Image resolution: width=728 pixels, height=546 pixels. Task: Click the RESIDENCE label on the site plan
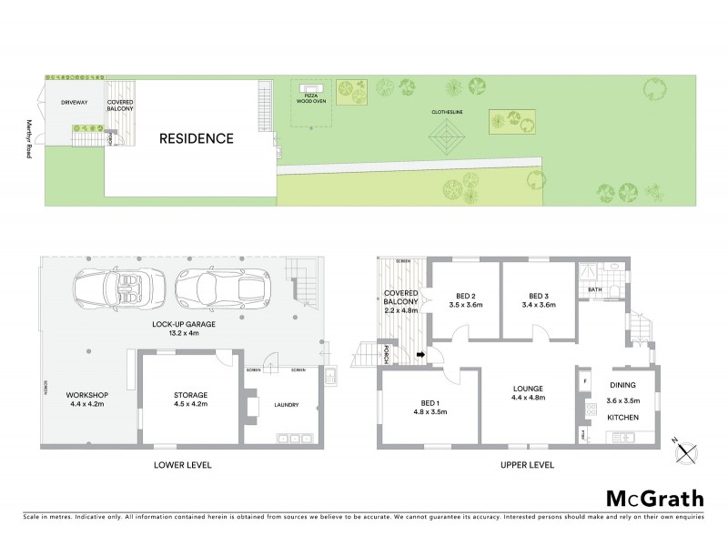pyautogui.click(x=197, y=139)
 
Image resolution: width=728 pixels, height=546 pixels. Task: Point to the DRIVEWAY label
pyautogui.click(x=75, y=103)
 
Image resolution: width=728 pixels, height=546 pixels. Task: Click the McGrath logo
pyautogui.click(x=654, y=498)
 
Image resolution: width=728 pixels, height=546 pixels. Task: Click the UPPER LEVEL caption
pyautogui.click(x=526, y=464)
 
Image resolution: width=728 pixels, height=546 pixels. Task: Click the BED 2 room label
pyautogui.click(x=464, y=295)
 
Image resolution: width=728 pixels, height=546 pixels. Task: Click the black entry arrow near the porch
pyautogui.click(x=420, y=354)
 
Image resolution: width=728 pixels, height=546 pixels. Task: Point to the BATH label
pyautogui.click(x=595, y=290)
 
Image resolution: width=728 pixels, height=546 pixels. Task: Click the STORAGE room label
pyautogui.click(x=192, y=395)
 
